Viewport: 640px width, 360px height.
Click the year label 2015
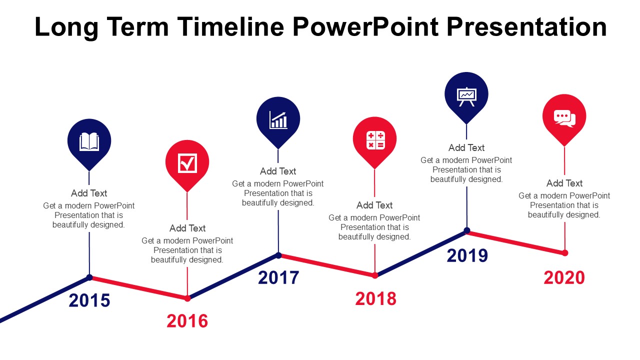[x=89, y=300]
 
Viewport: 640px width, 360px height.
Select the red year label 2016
[x=187, y=321]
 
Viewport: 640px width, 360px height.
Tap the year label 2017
[x=278, y=277]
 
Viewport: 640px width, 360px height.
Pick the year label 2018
[x=375, y=299]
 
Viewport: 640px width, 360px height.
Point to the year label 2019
[x=467, y=255]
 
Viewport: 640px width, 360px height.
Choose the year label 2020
[x=564, y=277]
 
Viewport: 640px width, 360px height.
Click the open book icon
[x=89, y=141]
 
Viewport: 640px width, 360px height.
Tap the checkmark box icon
[x=187, y=163]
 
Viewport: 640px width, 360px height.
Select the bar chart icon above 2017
[x=278, y=120]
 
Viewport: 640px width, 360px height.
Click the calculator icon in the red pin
[x=375, y=140]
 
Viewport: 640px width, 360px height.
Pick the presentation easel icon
[x=466, y=97]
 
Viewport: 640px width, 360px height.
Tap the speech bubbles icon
[x=564, y=118]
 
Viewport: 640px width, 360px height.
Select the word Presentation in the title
[x=526, y=27]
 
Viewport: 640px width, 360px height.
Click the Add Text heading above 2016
[x=187, y=228]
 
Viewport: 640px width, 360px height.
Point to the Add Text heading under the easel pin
[x=466, y=147]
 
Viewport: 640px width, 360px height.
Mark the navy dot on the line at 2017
[x=278, y=255]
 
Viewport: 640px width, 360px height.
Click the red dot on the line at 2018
[x=375, y=275]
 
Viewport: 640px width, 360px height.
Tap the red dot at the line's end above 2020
[x=565, y=253]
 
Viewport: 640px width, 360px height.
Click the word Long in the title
[x=66, y=27]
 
